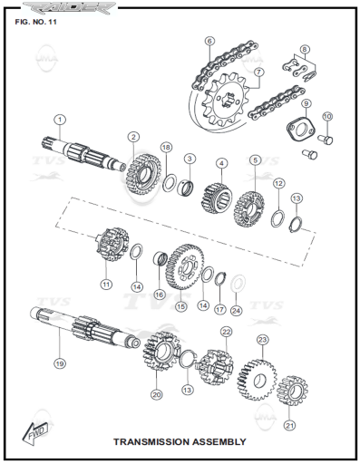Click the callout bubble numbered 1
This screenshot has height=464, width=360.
click(60, 120)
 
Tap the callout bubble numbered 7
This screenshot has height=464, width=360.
click(258, 72)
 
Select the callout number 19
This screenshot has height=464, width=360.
click(60, 363)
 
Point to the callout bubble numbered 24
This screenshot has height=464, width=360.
click(236, 311)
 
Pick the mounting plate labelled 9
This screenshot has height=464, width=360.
click(301, 129)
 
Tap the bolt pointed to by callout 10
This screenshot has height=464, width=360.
click(326, 139)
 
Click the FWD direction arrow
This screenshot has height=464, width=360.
click(35, 434)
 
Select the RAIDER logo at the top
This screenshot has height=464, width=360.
click(70, 7)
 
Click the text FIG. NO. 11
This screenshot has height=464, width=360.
click(35, 22)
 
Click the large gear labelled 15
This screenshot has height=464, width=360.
click(185, 266)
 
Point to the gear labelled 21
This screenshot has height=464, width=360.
click(292, 391)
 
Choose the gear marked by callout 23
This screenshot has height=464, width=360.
click(258, 380)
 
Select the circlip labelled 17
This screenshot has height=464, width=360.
click(220, 278)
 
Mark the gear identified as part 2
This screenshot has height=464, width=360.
click(143, 174)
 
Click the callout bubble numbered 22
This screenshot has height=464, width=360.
click(226, 332)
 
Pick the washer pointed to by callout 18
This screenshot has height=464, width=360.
click(170, 182)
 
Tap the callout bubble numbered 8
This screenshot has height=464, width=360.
click(305, 49)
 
